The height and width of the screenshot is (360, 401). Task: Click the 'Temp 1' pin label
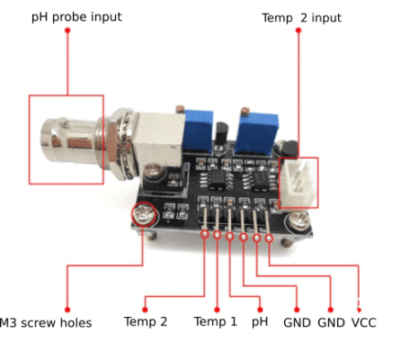pyautogui.click(x=216, y=322)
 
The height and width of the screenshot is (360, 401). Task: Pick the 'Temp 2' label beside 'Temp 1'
pyautogui.click(x=146, y=322)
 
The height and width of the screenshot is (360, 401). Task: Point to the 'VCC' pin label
pyautogui.click(x=364, y=322)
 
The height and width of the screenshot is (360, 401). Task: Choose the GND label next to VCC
pyautogui.click(x=331, y=322)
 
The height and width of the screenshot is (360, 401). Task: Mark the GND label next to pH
pyautogui.click(x=297, y=322)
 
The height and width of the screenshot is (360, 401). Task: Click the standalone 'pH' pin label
pyautogui.click(x=260, y=322)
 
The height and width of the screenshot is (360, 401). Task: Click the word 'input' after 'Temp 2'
pyautogui.click(x=325, y=18)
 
